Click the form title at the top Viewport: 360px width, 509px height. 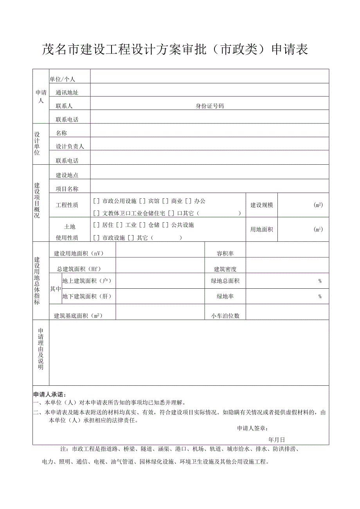[x=175, y=49]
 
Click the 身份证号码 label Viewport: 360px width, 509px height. [x=210, y=106]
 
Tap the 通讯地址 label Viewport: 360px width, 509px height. [x=67, y=93]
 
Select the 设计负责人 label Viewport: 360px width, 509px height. [x=70, y=146]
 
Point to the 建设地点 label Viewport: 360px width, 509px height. [x=67, y=175]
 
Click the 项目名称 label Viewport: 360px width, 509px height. [x=67, y=189]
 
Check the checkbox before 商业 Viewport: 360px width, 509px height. [x=165, y=201]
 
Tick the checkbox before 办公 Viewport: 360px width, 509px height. [x=188, y=201]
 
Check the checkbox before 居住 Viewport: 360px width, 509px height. [x=96, y=225]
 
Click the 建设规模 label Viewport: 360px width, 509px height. [x=262, y=205]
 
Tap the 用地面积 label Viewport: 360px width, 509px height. [x=262, y=229]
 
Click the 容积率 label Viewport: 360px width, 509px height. [x=225, y=254]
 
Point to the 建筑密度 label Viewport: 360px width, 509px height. [x=225, y=269]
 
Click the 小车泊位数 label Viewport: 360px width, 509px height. [x=225, y=316]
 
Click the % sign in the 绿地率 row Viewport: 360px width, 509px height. [x=320, y=297]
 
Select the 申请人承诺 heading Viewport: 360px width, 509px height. [x=50, y=394]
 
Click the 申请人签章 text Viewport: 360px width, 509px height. [x=253, y=429]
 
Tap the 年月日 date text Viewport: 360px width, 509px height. [x=277, y=440]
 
